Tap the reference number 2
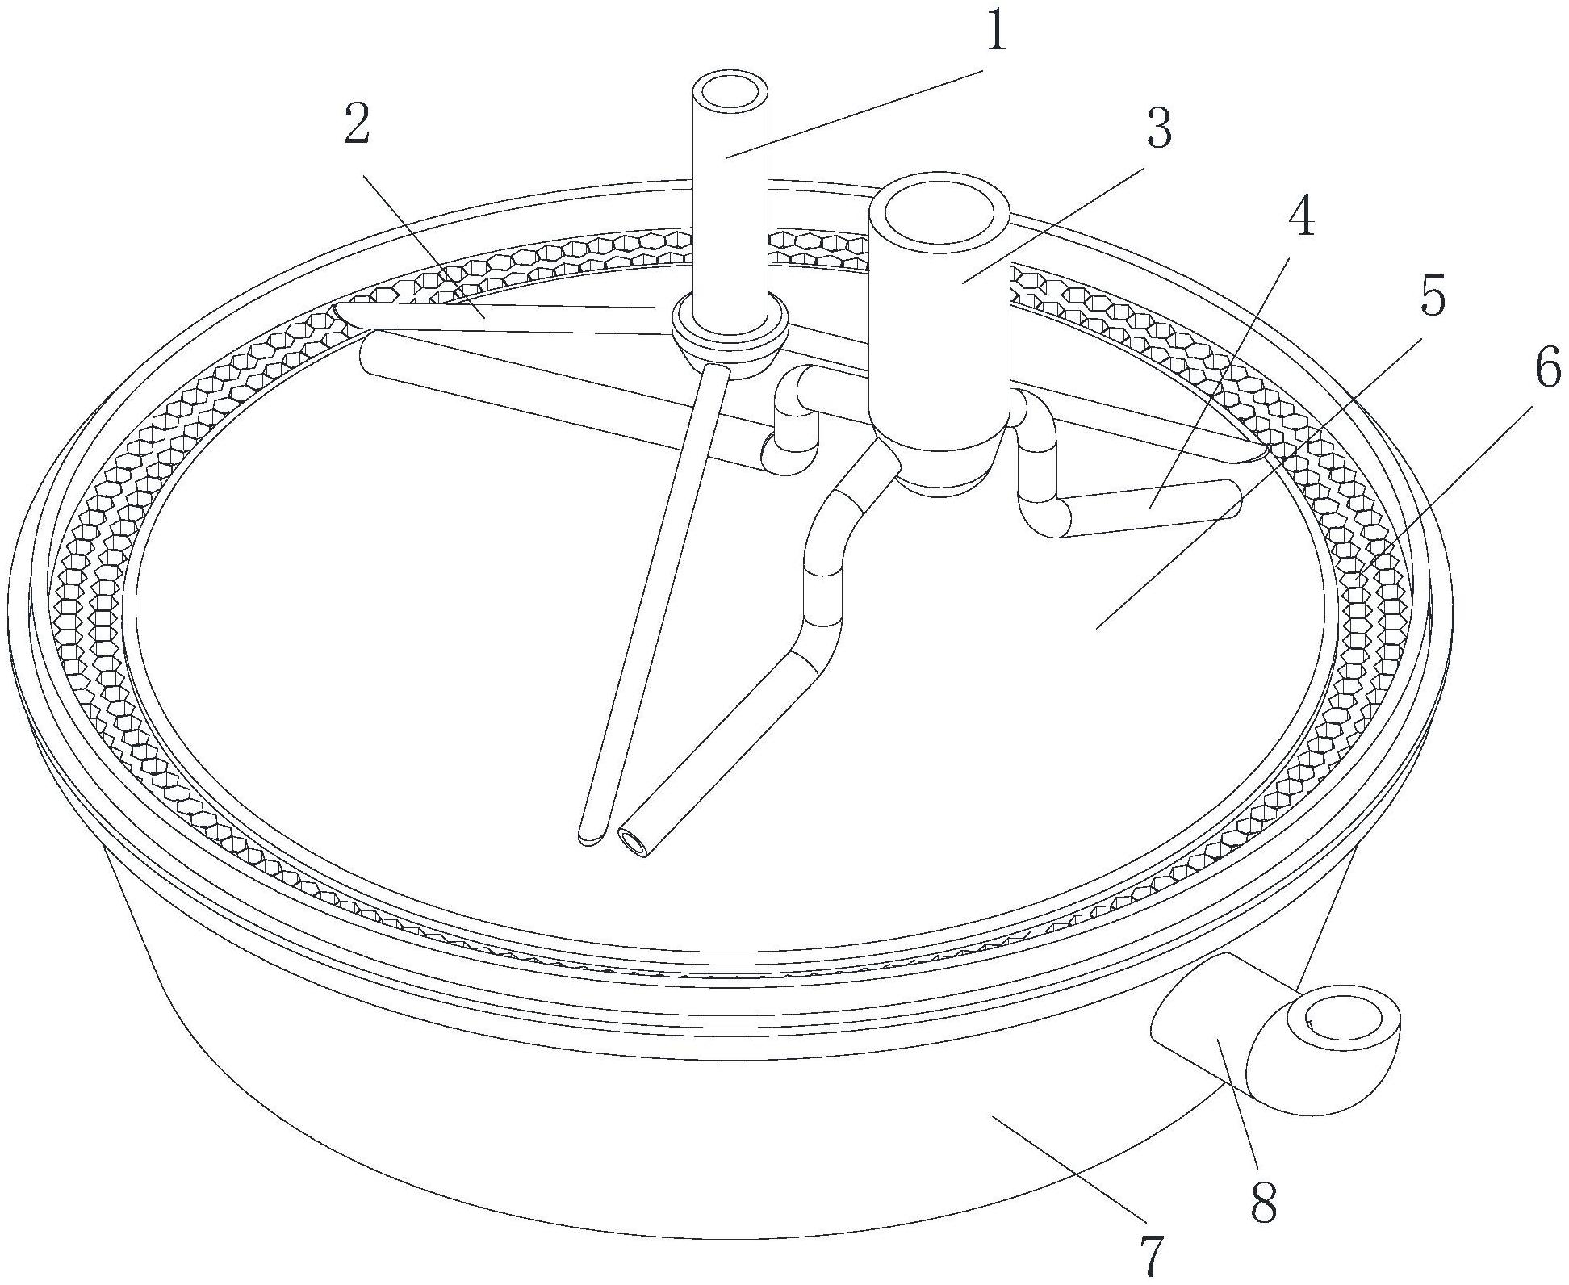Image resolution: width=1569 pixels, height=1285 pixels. pos(358,126)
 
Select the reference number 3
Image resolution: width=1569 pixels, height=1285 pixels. pos(1158,128)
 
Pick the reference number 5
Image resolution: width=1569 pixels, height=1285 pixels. pos(1432,299)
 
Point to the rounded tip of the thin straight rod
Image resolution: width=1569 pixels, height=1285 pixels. pos(590,836)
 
